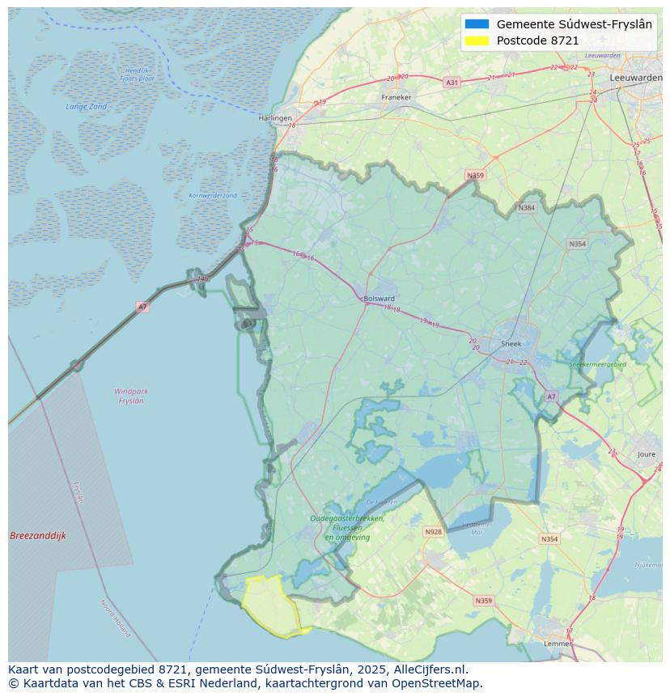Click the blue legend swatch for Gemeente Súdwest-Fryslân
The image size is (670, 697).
pos(477,24)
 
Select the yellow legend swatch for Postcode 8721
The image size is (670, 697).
pos(477,40)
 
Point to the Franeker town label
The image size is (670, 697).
pos(396,98)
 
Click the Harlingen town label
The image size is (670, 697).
pos(275,118)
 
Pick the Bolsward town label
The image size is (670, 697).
pos(379,298)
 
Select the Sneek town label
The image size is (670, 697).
pos(511,343)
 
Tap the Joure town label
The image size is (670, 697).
pos(647,455)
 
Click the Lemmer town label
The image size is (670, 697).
pos(558,643)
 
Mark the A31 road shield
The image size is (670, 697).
pos(452,83)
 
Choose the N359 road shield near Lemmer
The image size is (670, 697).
pos(483,601)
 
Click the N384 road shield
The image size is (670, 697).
pos(527,208)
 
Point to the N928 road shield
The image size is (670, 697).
pos(433,532)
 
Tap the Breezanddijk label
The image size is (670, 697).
pos(38,536)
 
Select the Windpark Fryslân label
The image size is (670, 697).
pos(131,396)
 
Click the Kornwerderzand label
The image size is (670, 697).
pos(213,196)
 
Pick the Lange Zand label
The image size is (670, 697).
pos(87,107)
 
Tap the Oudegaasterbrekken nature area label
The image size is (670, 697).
pos(347,519)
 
